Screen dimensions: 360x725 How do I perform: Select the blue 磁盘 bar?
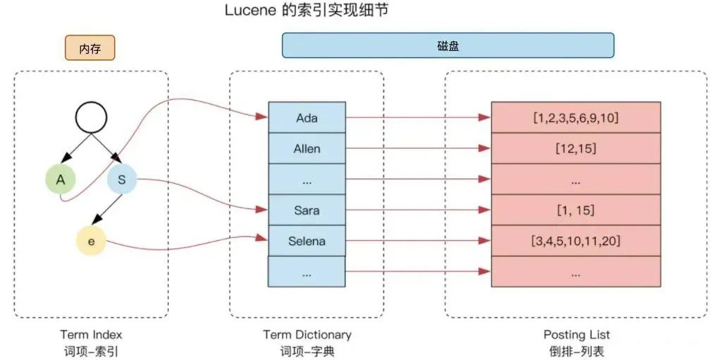(x=447, y=45)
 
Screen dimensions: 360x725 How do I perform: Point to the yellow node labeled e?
(x=92, y=242)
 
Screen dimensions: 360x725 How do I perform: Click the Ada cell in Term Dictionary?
(x=306, y=118)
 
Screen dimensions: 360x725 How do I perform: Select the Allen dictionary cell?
(x=306, y=149)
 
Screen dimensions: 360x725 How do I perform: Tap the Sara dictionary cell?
(x=306, y=210)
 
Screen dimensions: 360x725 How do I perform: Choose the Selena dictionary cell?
(x=306, y=241)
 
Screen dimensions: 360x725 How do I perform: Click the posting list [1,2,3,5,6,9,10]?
(x=576, y=118)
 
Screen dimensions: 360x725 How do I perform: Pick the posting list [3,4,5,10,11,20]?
(x=576, y=241)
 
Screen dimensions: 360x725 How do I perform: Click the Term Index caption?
(x=91, y=335)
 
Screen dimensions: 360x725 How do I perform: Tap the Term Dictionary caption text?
(x=306, y=335)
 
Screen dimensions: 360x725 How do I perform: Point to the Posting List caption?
(x=576, y=335)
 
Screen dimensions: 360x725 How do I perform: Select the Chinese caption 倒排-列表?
(x=576, y=351)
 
